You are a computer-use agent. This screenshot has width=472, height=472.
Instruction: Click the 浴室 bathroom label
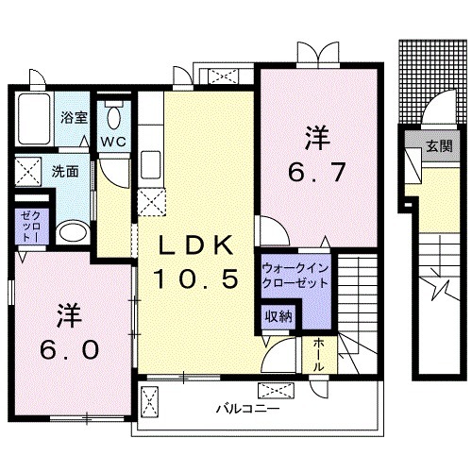[74, 118]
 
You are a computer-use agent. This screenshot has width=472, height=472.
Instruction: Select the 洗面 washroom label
[64, 173]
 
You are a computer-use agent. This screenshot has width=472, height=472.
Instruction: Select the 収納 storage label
[277, 316]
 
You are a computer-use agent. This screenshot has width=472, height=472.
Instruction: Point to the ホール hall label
[319, 354]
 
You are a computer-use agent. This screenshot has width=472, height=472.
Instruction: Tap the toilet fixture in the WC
[113, 117]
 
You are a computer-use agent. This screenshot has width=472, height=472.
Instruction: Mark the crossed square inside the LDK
[152, 201]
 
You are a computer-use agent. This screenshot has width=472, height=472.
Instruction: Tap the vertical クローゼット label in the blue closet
[25, 228]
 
